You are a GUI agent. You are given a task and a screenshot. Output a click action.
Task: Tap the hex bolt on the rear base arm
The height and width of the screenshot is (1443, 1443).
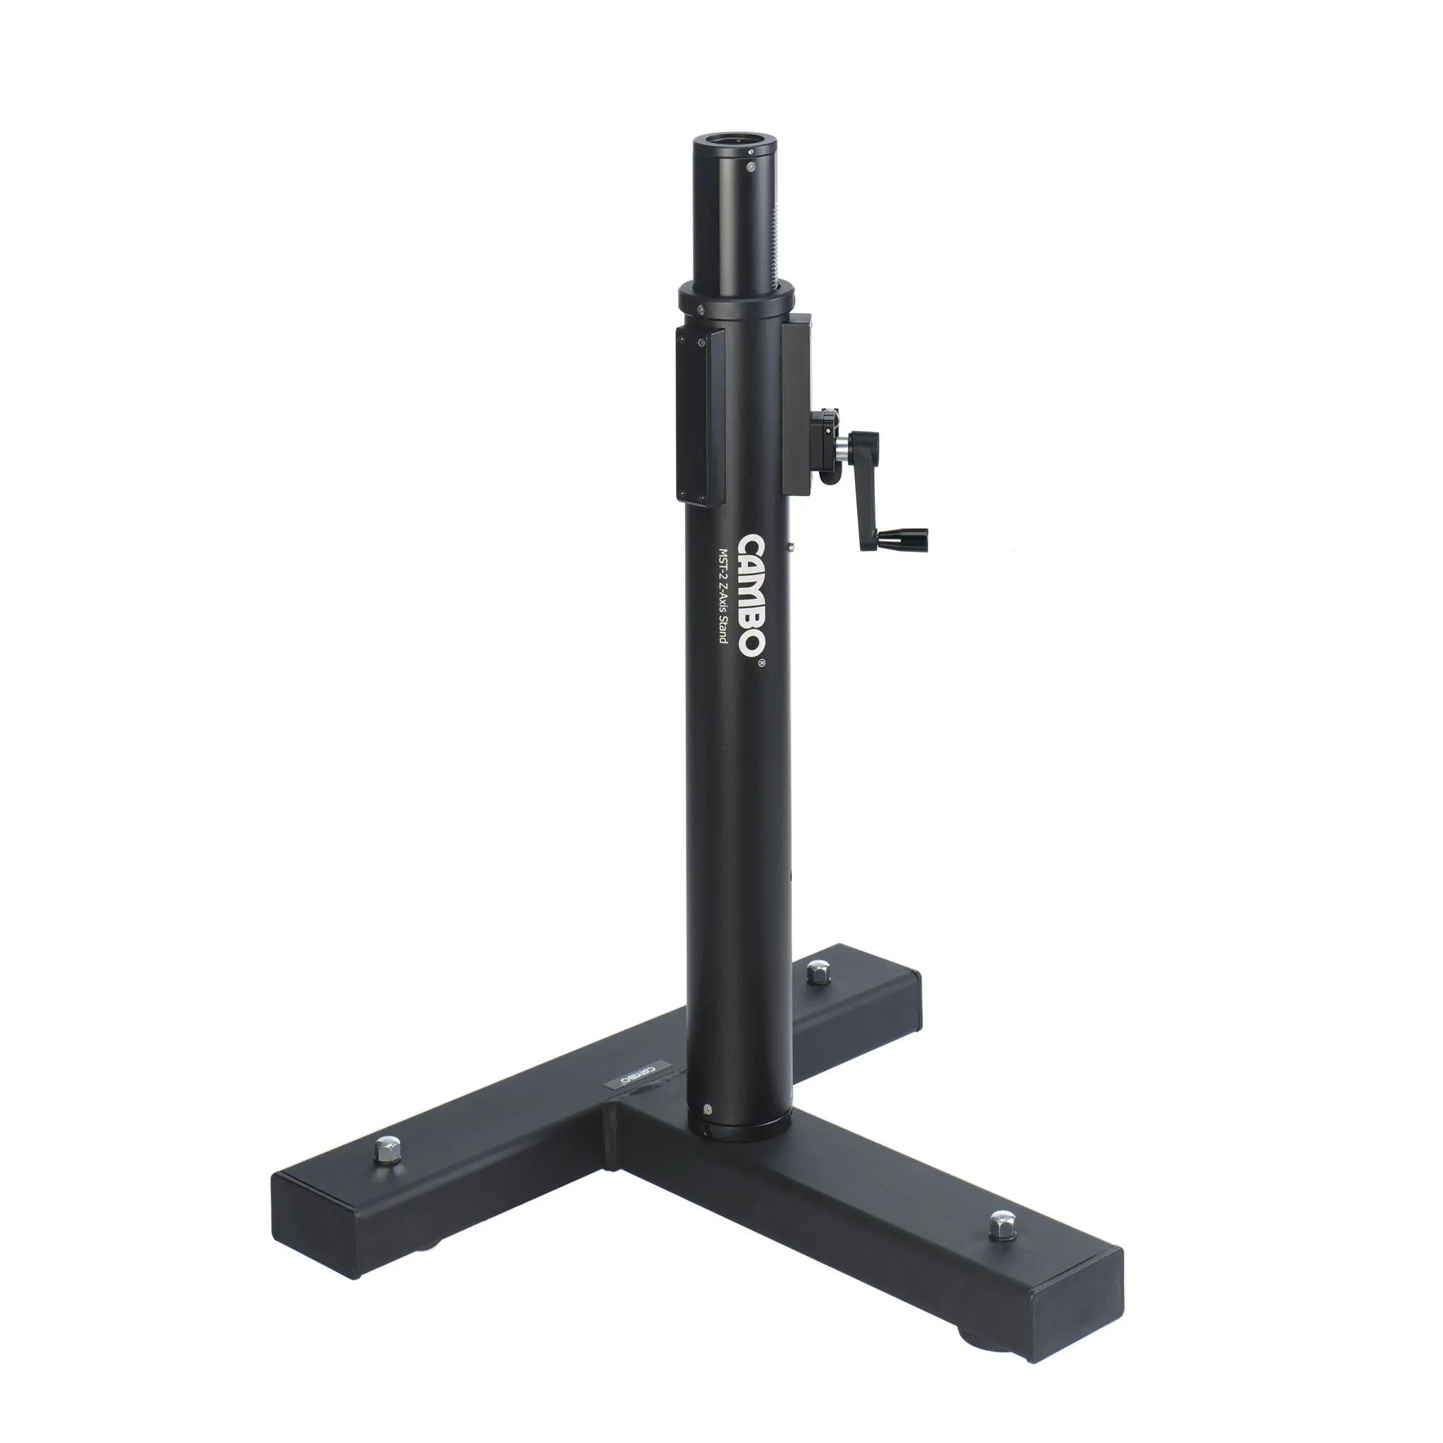click(816, 973)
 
